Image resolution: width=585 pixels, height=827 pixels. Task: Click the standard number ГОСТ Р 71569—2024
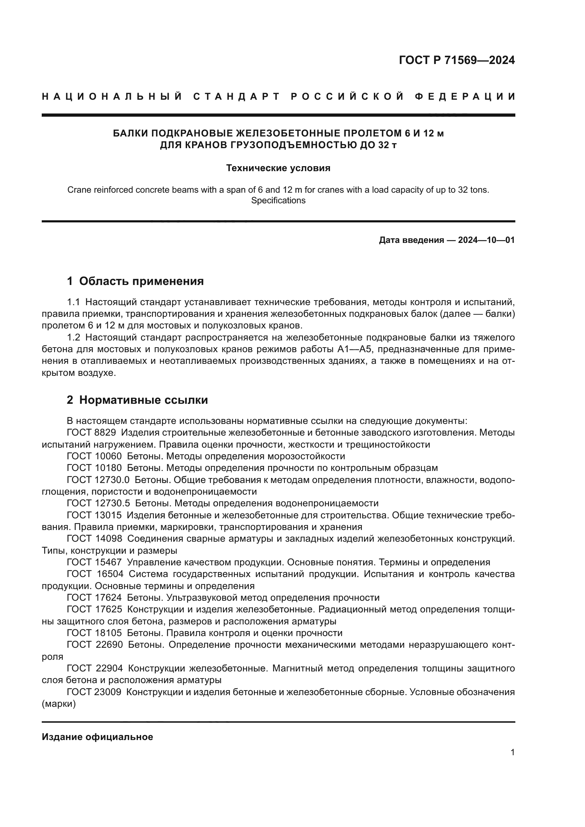coord(457,60)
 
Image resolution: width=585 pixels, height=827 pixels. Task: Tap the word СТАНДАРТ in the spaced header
coord(237,97)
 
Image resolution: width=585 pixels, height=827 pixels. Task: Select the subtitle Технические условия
coord(278,168)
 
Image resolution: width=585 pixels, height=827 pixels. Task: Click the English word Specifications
coord(278,200)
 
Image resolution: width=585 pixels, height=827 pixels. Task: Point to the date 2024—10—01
coord(486,240)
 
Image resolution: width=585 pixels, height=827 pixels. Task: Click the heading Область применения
coord(141,281)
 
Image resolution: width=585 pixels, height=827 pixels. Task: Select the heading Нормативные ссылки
coord(143,400)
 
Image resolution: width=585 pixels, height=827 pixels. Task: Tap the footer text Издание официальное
coord(97,737)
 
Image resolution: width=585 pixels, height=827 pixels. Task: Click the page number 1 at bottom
coord(512,752)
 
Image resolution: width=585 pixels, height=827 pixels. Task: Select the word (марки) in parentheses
coord(59,704)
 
